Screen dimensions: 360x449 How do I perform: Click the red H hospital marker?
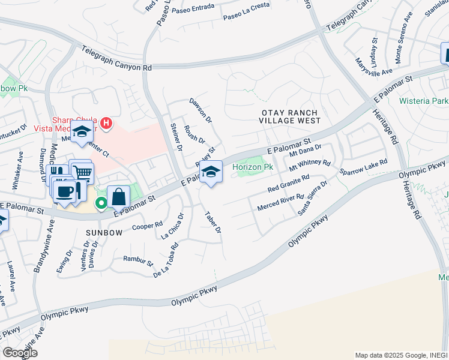point(106,124)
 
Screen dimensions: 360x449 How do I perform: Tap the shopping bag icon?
point(119,196)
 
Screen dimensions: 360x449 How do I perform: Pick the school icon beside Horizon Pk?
point(210,172)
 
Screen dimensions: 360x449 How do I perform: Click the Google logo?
point(20,352)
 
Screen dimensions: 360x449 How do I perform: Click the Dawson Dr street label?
point(200,110)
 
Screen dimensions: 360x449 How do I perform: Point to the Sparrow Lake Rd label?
point(363,167)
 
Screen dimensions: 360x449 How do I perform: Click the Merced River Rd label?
point(280,202)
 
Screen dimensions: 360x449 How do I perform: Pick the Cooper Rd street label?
point(148,226)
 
